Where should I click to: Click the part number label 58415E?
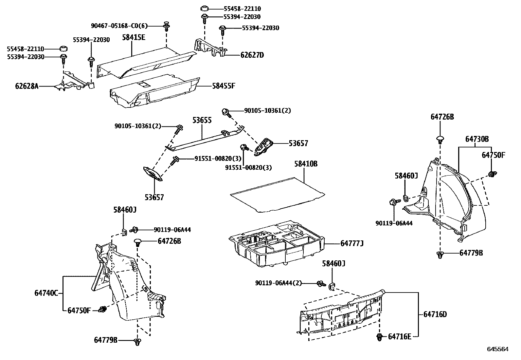[x=134, y=37]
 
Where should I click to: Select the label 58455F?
[x=224, y=86]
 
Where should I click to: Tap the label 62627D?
[x=252, y=55]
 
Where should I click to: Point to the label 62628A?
[x=27, y=86]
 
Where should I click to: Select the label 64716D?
[x=435, y=314]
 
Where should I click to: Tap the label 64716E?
[x=399, y=336]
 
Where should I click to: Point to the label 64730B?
[x=477, y=139]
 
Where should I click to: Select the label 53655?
[x=202, y=120]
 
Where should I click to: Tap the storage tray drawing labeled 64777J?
[x=277, y=244]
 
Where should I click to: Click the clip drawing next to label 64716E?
[x=380, y=336]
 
